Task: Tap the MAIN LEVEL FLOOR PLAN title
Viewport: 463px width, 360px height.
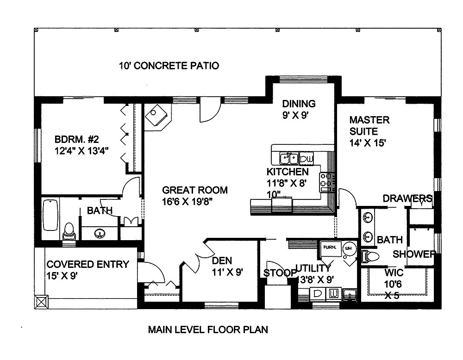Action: point(208,330)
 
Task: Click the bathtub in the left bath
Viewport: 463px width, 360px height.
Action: point(50,215)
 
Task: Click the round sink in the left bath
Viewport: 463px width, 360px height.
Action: point(99,234)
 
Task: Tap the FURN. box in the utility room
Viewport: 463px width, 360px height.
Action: point(330,248)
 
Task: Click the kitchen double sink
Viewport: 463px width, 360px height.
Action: point(288,159)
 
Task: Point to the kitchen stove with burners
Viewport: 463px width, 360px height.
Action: point(327,182)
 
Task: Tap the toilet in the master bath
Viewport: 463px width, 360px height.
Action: point(370,256)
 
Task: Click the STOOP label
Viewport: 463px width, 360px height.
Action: point(280,273)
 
